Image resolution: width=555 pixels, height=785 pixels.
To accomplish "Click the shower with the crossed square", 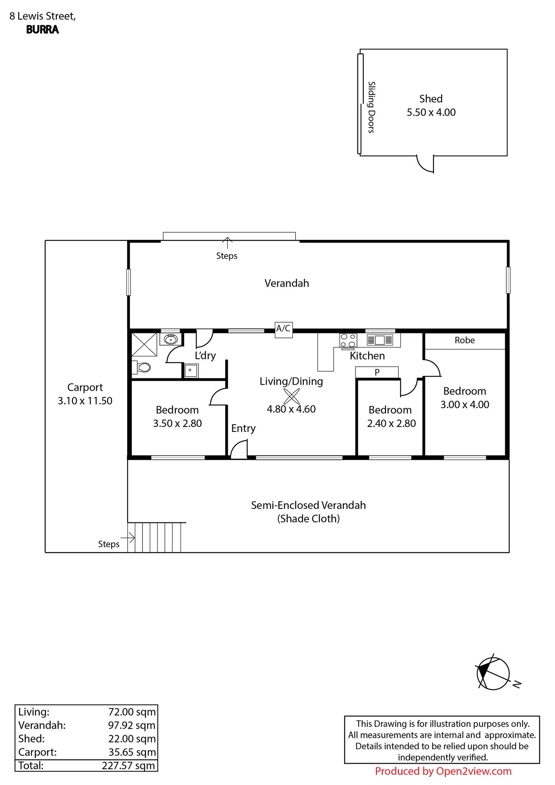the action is (x=144, y=344).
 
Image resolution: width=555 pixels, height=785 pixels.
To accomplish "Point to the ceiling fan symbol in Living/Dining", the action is (x=291, y=396).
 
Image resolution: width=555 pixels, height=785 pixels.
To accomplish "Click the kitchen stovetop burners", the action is (x=348, y=340).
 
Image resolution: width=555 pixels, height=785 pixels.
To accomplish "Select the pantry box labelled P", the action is (x=377, y=372).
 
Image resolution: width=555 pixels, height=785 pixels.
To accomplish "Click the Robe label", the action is (x=465, y=340).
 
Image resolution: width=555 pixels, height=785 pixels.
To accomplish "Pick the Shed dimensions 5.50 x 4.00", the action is (x=431, y=112).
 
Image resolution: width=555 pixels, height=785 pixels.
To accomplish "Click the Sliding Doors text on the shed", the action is (x=371, y=107).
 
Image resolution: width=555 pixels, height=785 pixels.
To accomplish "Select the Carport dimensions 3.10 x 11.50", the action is (x=85, y=401).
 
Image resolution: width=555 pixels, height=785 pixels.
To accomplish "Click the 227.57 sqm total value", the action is (x=128, y=765).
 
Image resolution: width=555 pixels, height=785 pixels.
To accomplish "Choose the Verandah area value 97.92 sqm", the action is (x=132, y=725).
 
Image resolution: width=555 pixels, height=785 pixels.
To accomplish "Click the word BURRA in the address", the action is (x=43, y=30).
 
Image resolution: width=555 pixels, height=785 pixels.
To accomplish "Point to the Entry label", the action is (x=243, y=428).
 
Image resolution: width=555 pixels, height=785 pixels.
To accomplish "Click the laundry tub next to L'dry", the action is (x=190, y=370).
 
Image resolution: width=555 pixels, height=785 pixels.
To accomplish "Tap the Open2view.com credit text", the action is (x=443, y=771).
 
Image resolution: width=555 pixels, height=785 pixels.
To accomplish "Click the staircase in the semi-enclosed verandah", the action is (x=154, y=537).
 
